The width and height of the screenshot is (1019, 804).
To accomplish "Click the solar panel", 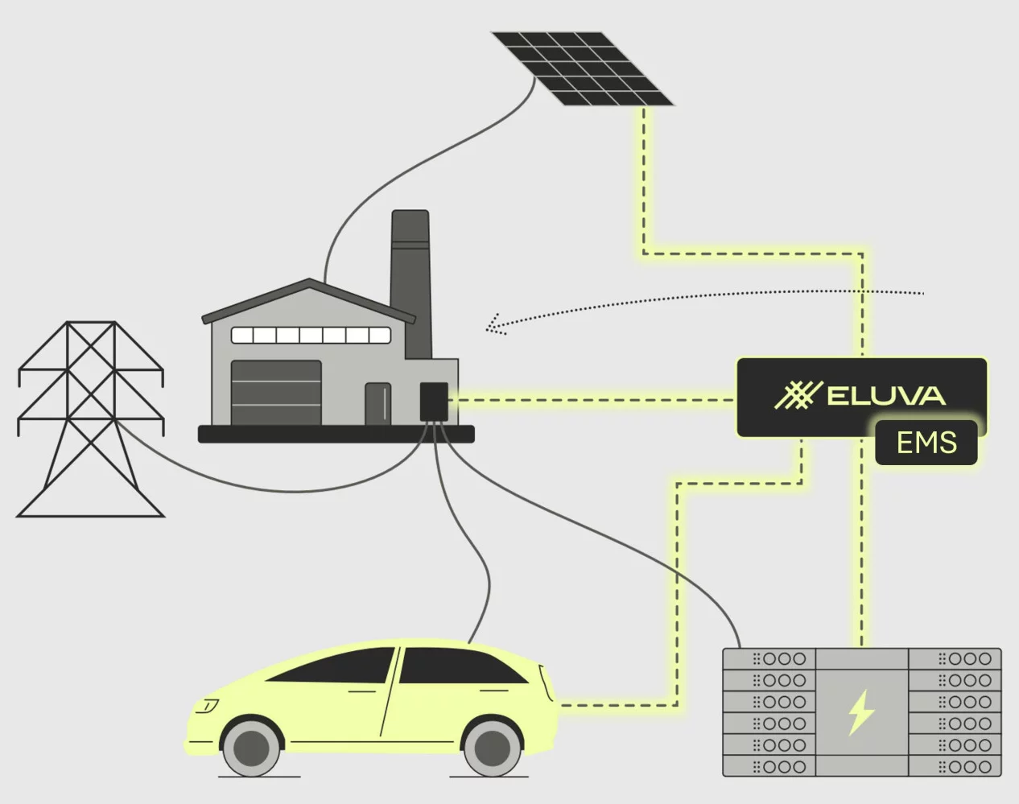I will (582, 68).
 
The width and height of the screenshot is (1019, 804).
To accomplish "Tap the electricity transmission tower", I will (91, 418).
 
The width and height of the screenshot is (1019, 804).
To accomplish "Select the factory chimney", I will (410, 274).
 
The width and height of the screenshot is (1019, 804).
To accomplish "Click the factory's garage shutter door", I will (276, 393).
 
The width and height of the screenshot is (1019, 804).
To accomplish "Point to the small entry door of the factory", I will (377, 403).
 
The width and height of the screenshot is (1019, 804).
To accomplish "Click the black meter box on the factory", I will (434, 401).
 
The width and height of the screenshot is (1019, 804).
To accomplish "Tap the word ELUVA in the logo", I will (885, 396).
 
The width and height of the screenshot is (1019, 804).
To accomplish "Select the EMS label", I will (926, 443).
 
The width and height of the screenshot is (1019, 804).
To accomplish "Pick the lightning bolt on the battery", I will (861, 711).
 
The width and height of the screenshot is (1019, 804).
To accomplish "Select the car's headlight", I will (206, 707).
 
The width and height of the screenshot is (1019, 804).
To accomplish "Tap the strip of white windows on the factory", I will (311, 335).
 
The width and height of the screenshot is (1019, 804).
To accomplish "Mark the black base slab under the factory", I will (336, 435).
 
